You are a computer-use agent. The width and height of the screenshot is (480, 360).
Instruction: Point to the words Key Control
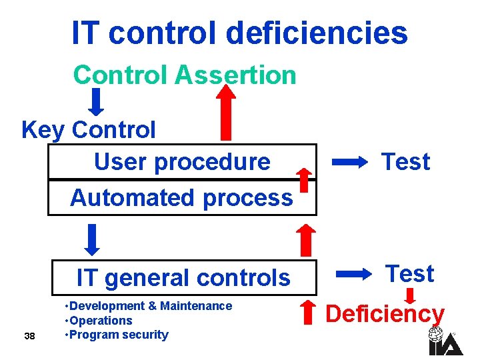[x=89, y=129]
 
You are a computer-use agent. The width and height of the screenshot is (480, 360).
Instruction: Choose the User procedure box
[x=182, y=161]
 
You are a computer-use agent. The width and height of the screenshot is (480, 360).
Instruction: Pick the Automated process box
[x=182, y=197]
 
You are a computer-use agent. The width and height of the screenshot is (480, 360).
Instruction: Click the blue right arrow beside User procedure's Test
[x=350, y=161]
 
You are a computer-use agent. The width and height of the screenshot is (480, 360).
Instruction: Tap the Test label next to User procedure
[x=405, y=161]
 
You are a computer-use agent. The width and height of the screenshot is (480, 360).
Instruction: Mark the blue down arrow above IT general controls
[x=94, y=239]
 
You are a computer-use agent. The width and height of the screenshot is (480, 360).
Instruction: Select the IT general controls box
[x=183, y=277]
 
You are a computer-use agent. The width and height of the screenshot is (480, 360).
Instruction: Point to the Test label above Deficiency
[x=410, y=273]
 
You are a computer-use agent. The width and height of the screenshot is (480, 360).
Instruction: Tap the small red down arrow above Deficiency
[x=411, y=294]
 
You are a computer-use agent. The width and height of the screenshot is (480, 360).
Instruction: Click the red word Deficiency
[x=385, y=313]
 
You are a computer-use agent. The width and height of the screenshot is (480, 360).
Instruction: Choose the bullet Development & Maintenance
[x=148, y=306]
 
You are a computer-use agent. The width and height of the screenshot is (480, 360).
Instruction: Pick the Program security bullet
[x=117, y=335]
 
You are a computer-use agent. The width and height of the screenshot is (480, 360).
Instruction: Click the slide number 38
[x=29, y=336]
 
